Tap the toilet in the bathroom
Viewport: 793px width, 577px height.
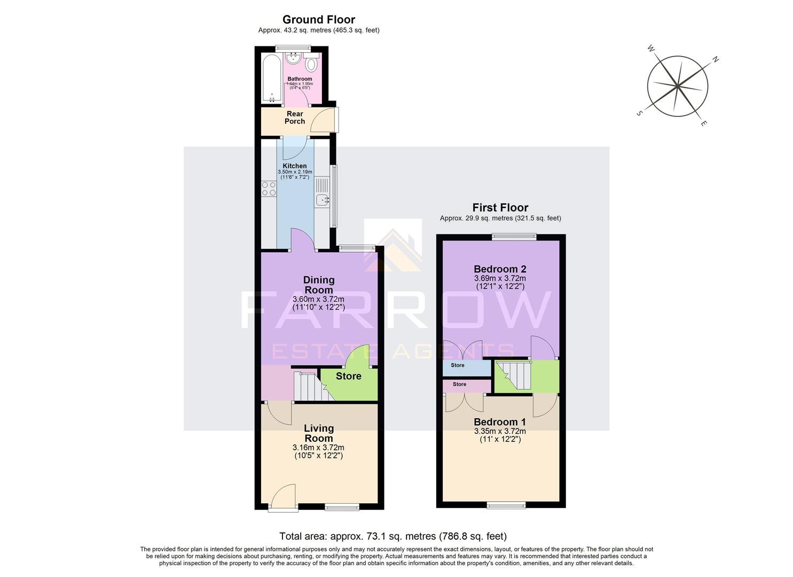point(312,64)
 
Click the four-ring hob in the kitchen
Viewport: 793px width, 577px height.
point(268,189)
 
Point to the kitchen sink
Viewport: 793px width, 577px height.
point(322,200)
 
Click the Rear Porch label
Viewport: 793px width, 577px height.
point(295,118)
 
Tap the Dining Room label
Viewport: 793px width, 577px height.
point(319,285)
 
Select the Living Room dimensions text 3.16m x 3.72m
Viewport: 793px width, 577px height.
point(319,448)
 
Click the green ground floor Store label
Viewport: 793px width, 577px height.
point(348,376)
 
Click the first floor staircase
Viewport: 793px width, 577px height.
point(514,375)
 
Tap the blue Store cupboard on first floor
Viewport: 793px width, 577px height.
point(466,368)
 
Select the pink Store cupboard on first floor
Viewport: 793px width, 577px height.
point(466,385)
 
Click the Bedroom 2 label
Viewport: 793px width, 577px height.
point(500,269)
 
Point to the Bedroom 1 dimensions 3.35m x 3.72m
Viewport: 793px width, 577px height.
point(500,431)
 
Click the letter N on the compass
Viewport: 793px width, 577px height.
point(716,60)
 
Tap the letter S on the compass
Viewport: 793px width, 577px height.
point(639,113)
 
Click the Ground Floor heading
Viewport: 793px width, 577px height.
point(319,20)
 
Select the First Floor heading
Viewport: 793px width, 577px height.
point(500,207)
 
